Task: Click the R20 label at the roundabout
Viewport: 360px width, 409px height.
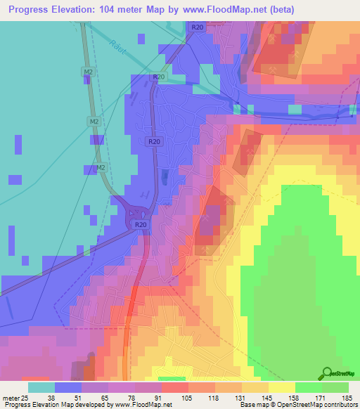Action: click(141, 224)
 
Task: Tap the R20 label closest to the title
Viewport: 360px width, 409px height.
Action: click(197, 27)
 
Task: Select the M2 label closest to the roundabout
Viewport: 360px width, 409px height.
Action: click(101, 168)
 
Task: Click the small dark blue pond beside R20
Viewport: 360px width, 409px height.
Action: click(165, 178)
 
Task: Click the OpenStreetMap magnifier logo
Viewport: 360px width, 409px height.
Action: click(327, 374)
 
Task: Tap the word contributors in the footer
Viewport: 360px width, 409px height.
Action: click(340, 405)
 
